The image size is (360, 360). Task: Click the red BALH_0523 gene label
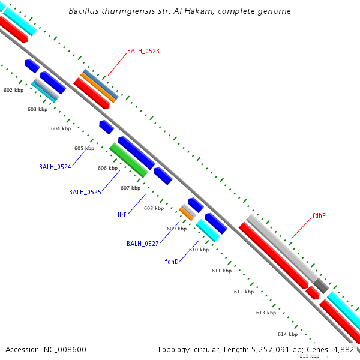point(143,52)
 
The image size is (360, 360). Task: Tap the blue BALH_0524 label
point(55,167)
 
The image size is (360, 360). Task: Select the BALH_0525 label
point(85,192)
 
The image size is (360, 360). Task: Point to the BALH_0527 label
point(142,244)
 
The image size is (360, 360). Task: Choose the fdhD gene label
point(172,262)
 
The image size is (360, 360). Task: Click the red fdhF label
point(319,215)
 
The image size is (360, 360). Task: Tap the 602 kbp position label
point(13,90)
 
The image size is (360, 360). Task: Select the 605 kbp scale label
point(84,148)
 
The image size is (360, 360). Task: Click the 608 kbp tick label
point(154,208)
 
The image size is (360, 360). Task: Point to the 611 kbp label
point(221,271)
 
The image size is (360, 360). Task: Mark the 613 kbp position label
point(266,313)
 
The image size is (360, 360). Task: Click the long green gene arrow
point(128,160)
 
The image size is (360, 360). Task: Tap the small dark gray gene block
point(321,286)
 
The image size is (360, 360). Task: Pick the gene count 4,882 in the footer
point(343,349)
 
